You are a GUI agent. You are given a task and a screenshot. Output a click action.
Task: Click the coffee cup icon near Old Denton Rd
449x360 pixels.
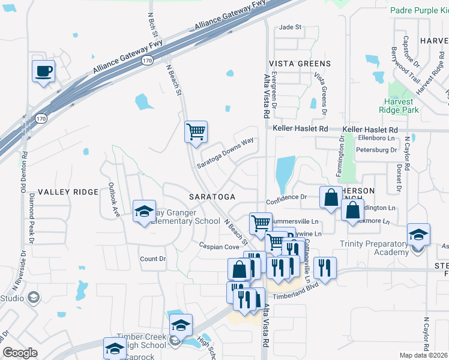(43, 71)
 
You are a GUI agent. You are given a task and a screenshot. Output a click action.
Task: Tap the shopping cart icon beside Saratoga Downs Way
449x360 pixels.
(196, 131)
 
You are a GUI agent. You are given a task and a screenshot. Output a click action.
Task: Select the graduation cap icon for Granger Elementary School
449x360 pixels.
(144, 211)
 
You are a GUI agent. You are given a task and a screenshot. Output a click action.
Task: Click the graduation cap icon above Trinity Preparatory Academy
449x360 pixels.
(418, 234)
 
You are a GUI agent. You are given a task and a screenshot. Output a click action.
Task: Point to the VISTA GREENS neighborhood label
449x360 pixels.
(299, 64)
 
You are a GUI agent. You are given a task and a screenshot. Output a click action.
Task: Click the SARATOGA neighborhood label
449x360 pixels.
(211, 197)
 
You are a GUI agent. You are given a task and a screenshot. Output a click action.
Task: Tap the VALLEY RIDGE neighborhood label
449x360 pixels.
(68, 191)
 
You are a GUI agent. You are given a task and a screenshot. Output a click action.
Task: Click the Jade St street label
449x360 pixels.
(290, 28)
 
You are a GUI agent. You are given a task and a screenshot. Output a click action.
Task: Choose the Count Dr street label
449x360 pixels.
(152, 259)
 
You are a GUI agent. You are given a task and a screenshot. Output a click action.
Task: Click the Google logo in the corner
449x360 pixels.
(20, 353)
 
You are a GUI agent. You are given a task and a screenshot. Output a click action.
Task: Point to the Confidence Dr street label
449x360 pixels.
(287, 196)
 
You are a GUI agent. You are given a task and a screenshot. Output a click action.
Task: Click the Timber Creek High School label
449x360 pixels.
(141, 341)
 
